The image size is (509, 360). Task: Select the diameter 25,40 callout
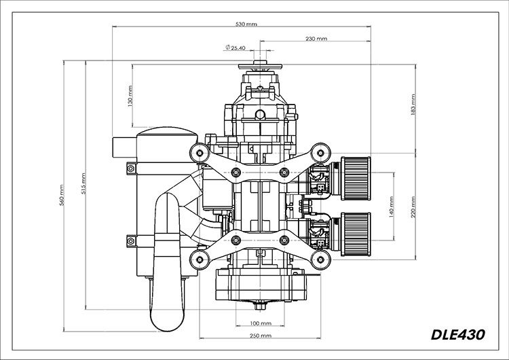click(x=235, y=48)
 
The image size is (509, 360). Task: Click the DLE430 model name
click(x=459, y=334)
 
